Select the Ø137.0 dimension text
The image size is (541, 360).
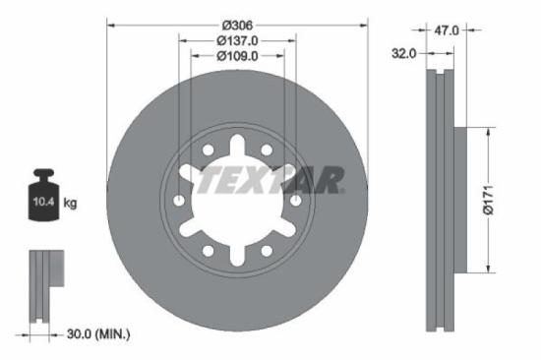237,40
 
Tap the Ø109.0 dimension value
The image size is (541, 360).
237,56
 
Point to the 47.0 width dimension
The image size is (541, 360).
447,30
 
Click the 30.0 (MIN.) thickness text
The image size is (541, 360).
96,334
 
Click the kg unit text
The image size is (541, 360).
71,204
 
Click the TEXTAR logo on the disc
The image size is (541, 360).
270,180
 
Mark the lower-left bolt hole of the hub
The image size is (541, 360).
208,251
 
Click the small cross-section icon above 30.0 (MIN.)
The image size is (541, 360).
43,285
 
